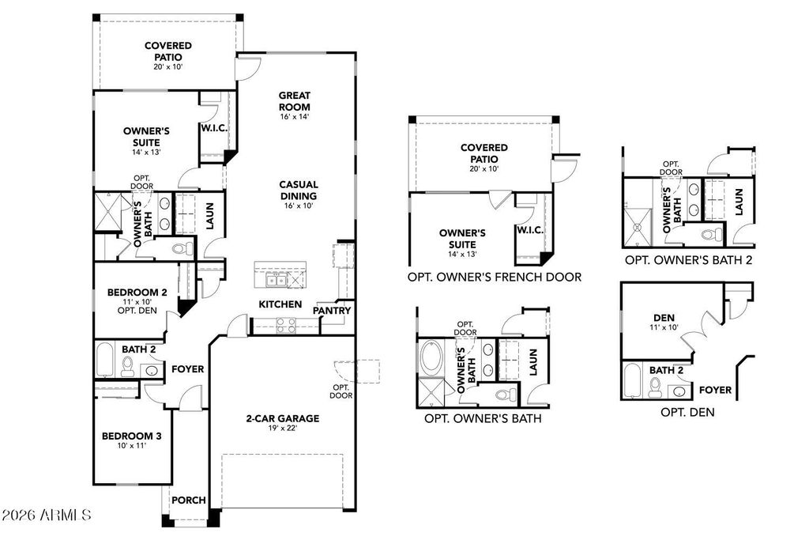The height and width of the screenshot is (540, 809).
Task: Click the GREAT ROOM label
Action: [294, 101]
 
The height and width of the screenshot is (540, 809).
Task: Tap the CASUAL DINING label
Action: [298, 191]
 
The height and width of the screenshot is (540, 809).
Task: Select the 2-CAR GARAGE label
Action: [282, 418]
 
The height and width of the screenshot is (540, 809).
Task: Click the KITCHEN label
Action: [280, 304]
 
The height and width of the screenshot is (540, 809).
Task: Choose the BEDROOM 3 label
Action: [131, 436]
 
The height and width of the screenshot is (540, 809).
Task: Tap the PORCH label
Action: [189, 500]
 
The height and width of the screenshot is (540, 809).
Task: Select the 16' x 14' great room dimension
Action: [294, 117]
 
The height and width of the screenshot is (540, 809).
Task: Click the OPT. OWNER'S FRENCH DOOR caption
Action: [495, 277]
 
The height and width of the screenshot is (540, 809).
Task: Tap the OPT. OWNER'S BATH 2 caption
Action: [688, 259]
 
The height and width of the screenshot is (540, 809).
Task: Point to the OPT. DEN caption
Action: [687, 412]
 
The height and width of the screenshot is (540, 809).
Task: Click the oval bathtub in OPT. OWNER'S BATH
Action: [433, 358]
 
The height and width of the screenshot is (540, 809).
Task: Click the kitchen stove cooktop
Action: [284, 323]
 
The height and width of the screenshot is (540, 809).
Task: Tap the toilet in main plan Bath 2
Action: [127, 366]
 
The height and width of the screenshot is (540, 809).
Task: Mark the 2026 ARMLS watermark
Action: [47, 515]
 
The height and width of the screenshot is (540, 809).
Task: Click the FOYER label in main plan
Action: [187, 369]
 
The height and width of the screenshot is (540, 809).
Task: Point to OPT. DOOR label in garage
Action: [341, 391]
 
